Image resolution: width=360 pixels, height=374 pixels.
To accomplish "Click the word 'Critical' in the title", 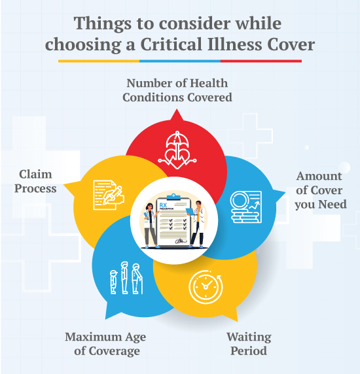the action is [x=171, y=44].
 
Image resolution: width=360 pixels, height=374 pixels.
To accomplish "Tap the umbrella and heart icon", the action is [x=177, y=150].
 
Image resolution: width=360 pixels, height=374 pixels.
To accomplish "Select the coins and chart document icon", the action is [x=245, y=207].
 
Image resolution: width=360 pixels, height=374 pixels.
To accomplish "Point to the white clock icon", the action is [x=206, y=287].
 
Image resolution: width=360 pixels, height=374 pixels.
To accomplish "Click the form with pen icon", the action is [x=109, y=195].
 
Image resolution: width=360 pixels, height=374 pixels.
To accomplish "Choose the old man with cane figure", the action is [x=137, y=279].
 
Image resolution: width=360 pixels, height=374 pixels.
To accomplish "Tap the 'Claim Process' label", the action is [x=35, y=181].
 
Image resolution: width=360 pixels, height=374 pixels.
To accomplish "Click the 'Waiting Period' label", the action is [x=249, y=344].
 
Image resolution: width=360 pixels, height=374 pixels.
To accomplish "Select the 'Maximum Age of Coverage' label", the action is [x=105, y=344].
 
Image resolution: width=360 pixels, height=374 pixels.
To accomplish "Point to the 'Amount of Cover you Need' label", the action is [x=320, y=190].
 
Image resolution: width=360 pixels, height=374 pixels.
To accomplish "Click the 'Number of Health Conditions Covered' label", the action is [x=177, y=90].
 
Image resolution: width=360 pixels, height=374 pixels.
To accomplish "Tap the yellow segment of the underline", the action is [x=99, y=61].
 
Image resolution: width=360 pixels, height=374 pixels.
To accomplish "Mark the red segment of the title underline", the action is [x=261, y=61].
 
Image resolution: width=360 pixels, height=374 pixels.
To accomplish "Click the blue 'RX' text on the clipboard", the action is [x=163, y=205].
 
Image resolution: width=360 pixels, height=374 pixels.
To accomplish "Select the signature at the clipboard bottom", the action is [x=181, y=241].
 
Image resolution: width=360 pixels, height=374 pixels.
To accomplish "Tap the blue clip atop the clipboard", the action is [x=174, y=197].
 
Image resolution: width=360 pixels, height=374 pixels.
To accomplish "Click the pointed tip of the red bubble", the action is [x=177, y=109].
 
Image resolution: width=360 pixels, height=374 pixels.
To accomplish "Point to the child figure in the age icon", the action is [x=114, y=282].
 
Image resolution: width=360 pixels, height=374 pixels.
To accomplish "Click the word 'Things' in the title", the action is [x=103, y=24].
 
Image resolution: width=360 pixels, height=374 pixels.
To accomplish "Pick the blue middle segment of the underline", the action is [x=180, y=61].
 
